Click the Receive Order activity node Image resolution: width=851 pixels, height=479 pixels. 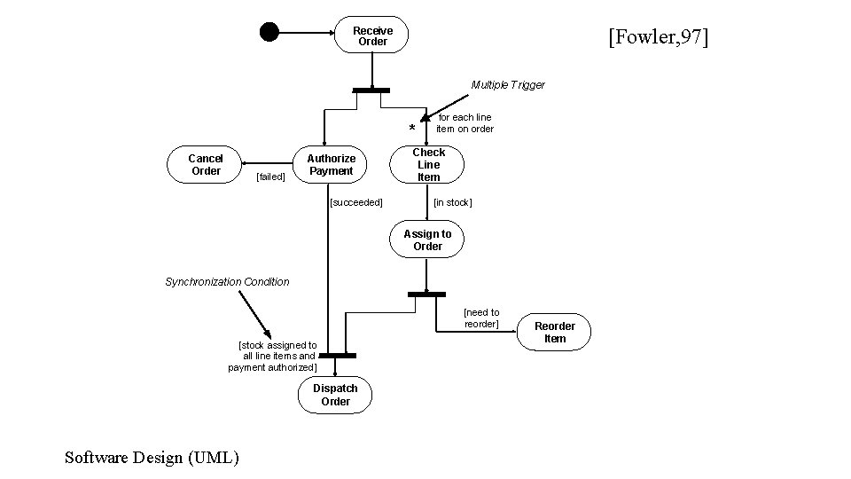pos(371,35)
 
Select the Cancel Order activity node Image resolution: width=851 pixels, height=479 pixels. pos(204,165)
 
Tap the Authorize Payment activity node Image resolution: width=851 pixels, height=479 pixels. pos(330,165)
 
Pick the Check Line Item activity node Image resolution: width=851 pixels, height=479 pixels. pos(427,165)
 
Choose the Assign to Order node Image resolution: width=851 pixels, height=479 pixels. pos(427,239)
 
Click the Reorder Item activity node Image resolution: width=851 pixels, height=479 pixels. pos(554,332)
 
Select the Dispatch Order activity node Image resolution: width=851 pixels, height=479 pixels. pos(335,395)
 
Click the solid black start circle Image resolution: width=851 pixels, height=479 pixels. pos(269,32)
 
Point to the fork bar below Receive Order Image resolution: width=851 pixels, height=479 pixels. pos(371,90)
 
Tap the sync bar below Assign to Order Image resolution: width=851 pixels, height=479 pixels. pos(426,294)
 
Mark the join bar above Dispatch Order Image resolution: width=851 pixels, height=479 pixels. pos(338,356)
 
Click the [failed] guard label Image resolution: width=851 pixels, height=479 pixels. pos(271,177)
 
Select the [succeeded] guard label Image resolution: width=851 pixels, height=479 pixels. pos(356,202)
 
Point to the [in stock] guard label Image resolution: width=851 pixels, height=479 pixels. pos(453,202)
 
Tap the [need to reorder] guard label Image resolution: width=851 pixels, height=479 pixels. pos(481,318)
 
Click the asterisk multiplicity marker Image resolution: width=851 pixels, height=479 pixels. pos(412,128)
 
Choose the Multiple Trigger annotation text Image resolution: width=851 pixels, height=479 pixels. pos(508,85)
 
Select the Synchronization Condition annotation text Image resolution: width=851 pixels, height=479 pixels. pos(228,282)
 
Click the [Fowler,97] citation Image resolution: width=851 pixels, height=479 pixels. pos(659,36)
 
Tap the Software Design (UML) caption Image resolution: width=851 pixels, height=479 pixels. pos(152,458)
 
